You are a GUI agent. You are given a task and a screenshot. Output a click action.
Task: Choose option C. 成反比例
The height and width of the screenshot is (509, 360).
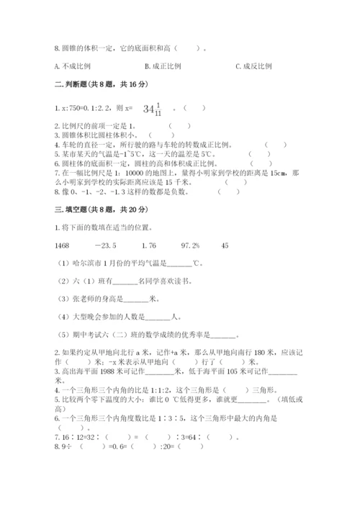(254, 67)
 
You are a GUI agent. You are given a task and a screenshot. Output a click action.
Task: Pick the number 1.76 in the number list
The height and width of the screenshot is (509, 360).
(150, 246)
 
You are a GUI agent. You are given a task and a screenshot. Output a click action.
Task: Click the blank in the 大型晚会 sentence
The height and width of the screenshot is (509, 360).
(156, 317)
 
